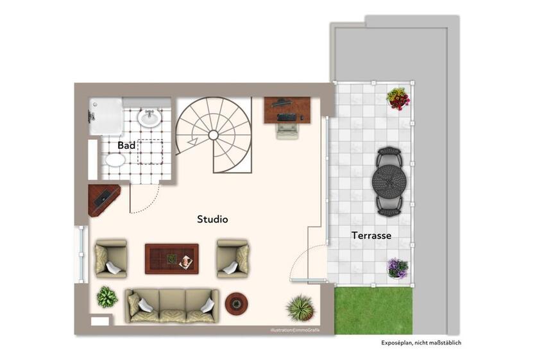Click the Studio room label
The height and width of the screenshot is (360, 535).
(212, 219)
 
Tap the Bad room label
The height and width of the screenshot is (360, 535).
(126, 146)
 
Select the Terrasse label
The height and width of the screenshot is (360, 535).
(371, 236)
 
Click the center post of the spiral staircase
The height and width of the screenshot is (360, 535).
(213, 135)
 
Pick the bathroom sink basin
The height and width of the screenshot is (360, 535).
(149, 118)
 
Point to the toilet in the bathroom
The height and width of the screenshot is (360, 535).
(115, 160)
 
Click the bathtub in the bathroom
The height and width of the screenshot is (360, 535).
(105, 116)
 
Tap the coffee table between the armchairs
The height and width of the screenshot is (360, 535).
(172, 259)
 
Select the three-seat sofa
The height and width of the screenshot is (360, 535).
(172, 306)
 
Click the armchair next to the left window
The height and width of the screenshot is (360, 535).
(111, 259)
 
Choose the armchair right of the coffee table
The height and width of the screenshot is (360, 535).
(233, 259)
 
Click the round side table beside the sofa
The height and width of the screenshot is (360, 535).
(237, 303)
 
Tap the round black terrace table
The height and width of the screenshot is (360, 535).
(389, 180)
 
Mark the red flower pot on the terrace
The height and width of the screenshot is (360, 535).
(398, 99)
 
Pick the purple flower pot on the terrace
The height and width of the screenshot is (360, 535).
(398, 268)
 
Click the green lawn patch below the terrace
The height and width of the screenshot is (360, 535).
(373, 311)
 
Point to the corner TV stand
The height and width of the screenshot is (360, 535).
(103, 200)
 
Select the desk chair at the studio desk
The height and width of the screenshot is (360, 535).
(288, 131)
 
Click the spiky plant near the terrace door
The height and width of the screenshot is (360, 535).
(301, 308)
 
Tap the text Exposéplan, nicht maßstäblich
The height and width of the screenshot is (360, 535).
(421, 343)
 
